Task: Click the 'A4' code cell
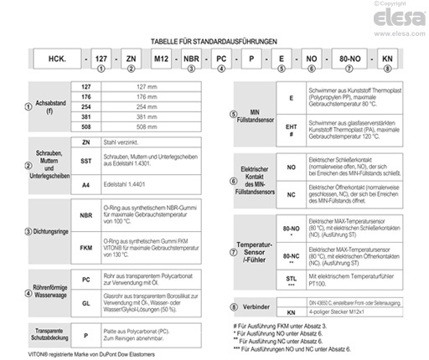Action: [x=85, y=182]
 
